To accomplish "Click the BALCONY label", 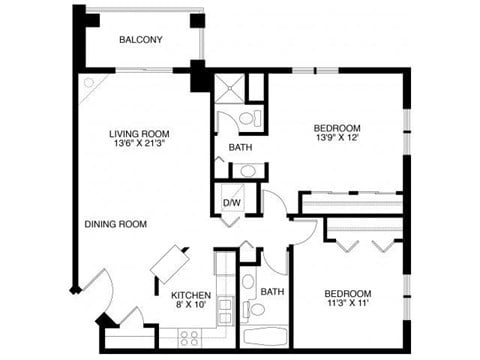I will tap(141, 40).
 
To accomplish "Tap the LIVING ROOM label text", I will tap(139, 133).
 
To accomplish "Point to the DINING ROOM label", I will tap(116, 224).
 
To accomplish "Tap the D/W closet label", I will tap(231, 203).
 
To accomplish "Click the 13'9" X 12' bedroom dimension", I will tap(336, 138).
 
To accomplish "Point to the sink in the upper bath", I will tap(250, 171).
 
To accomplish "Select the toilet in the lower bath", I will tap(248, 280).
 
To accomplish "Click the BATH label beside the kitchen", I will tap(272, 292).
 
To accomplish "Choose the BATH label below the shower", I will tap(240, 148).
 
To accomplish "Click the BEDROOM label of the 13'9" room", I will tap(336, 127).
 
